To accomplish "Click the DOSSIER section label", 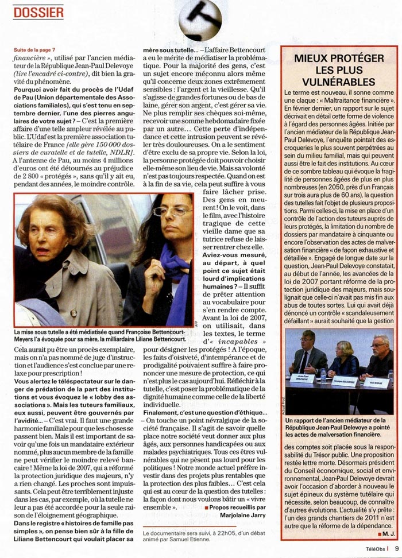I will (38, 11).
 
